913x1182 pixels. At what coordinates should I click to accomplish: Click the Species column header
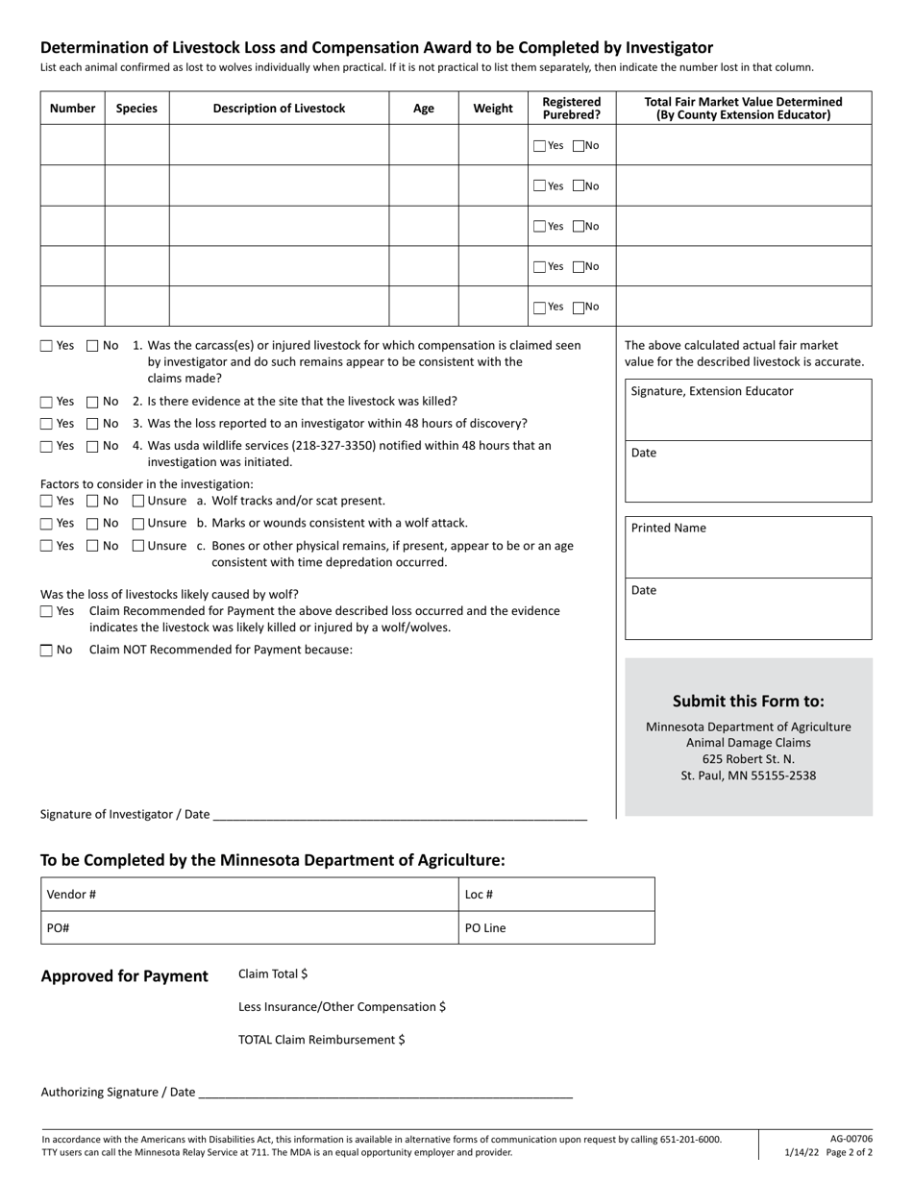click(x=136, y=109)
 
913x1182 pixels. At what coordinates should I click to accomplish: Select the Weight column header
click(x=493, y=109)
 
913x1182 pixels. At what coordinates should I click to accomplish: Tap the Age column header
click(x=423, y=109)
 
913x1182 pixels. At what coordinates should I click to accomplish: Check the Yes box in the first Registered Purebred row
click(x=540, y=146)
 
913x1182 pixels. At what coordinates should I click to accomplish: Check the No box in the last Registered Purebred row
click(x=579, y=308)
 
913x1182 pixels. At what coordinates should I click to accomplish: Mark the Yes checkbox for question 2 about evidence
click(x=47, y=402)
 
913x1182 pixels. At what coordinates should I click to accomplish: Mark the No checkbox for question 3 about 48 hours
click(x=93, y=424)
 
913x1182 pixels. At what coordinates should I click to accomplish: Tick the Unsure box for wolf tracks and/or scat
click(x=138, y=501)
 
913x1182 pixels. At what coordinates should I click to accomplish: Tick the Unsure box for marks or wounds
click(x=138, y=524)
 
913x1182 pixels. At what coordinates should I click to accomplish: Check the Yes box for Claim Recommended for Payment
click(x=47, y=611)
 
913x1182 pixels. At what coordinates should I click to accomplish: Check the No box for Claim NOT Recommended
click(x=47, y=651)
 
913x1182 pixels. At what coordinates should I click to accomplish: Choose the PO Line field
click(x=556, y=928)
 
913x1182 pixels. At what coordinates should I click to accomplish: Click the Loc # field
click(x=556, y=895)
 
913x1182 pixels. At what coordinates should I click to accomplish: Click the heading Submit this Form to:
click(x=748, y=701)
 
